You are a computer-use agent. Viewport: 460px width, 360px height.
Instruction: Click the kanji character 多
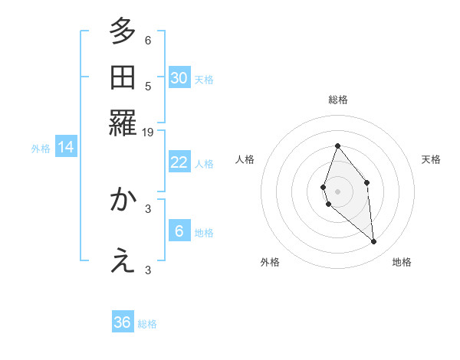coord(123,32)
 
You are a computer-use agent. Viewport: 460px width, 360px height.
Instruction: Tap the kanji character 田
coord(123,77)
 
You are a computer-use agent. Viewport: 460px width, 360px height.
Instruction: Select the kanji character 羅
coord(123,123)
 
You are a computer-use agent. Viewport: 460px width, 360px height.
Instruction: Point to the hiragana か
coord(123,200)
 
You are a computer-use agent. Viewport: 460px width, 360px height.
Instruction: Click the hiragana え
coord(123,261)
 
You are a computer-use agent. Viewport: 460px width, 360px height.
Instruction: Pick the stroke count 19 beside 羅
coord(149,133)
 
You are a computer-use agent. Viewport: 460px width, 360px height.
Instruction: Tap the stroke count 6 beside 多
coord(148,41)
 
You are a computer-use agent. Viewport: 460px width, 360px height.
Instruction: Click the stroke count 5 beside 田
coord(148,86)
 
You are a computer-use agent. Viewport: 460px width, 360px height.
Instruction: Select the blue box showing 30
coord(179,77)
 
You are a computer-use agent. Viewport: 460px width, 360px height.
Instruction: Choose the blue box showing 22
coord(179,162)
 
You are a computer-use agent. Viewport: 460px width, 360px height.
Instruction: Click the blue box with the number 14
coord(66,147)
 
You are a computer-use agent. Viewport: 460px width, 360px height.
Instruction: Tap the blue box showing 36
coord(123,322)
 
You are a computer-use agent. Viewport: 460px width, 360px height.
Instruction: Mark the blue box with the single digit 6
coord(179,231)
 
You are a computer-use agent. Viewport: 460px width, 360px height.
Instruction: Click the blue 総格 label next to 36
coord(147,324)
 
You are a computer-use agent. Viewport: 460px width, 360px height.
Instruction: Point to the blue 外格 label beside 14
coord(41,149)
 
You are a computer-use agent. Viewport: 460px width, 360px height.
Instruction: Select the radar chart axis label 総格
coord(337,100)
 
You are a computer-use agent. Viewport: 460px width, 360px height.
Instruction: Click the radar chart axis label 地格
coord(402,263)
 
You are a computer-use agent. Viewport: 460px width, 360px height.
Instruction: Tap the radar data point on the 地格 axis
coord(374,242)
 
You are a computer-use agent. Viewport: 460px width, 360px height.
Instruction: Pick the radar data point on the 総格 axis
coord(337,146)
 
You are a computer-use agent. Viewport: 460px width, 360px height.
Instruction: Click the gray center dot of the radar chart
coord(337,191)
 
